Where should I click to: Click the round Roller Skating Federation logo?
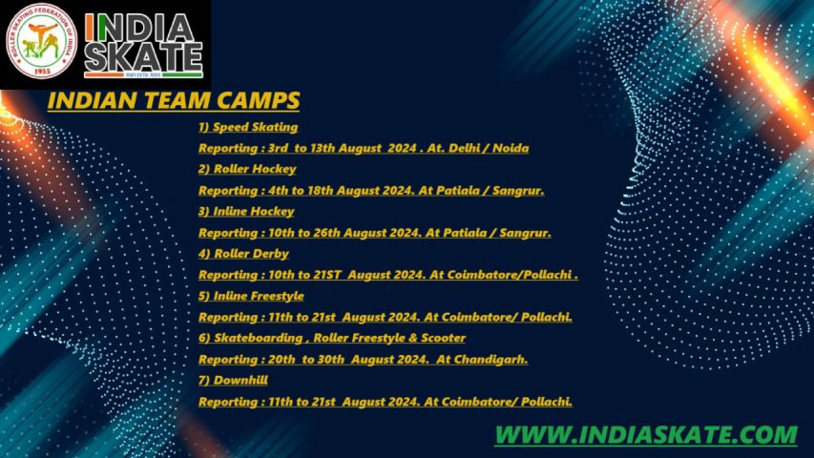[42, 41]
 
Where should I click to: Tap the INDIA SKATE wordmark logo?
[143, 45]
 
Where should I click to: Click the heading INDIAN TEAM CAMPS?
[174, 100]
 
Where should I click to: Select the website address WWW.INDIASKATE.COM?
[646, 435]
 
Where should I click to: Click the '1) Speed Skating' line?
[248, 127]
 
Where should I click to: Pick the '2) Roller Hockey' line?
[247, 169]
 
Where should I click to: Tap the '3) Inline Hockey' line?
[246, 211]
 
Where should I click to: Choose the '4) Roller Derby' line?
[243, 254]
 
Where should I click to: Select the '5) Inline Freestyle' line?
[251, 296]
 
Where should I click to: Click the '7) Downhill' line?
[233, 380]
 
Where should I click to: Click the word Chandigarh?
[490, 360]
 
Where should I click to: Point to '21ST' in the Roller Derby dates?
[327, 275]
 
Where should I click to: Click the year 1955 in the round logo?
[42, 71]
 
